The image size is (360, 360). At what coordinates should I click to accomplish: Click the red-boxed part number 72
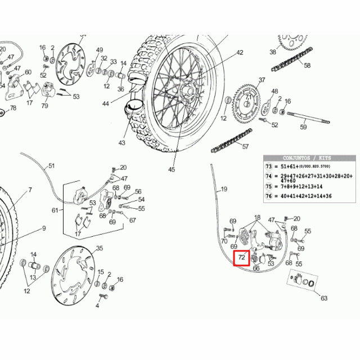point(242,258)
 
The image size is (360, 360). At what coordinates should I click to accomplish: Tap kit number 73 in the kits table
point(268,167)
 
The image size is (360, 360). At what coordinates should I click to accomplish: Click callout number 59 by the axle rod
point(303,128)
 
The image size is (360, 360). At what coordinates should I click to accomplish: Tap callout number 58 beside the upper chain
point(307,65)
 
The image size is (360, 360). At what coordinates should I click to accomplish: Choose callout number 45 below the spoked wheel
point(171,169)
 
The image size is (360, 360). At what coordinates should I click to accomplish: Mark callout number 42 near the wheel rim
point(240,52)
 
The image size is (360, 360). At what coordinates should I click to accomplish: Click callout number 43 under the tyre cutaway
point(122,143)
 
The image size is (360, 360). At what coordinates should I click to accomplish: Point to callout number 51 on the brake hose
point(51,166)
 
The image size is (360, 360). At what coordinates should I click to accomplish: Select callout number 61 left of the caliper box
point(55,210)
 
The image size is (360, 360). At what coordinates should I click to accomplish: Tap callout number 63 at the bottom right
point(323,298)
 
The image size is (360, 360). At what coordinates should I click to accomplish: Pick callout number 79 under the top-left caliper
point(44,106)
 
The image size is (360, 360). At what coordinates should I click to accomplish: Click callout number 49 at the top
point(100,51)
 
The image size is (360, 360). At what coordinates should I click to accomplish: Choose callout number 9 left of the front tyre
point(43,228)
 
